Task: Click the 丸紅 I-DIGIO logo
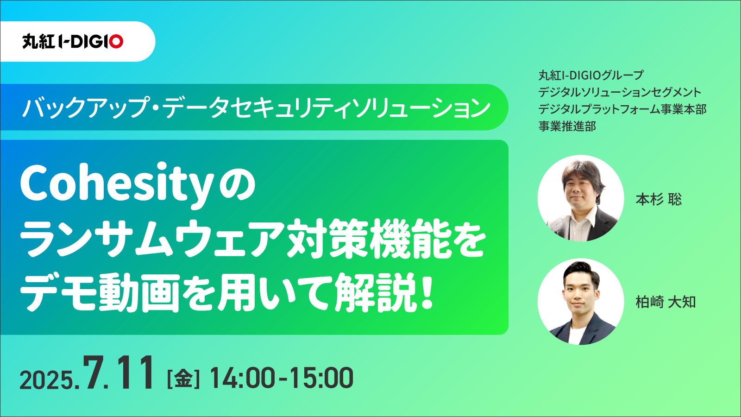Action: pyautogui.click(x=73, y=42)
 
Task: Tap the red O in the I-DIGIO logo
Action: pyautogui.click(x=116, y=42)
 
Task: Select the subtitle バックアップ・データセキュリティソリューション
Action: pyautogui.click(x=256, y=107)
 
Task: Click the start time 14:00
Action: pyautogui.click(x=242, y=378)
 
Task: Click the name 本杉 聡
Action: pyautogui.click(x=659, y=199)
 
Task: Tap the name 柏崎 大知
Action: pyautogui.click(x=666, y=302)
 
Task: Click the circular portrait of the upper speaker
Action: pyautogui.click(x=581, y=198)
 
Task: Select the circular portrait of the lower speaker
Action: pyautogui.click(x=581, y=302)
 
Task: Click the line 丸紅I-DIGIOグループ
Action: pyautogui.click(x=591, y=75)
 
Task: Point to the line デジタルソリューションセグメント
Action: pyautogui.click(x=620, y=92)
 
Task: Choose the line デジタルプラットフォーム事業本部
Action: pyautogui.click(x=622, y=109)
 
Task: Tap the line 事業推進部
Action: pyautogui.click(x=567, y=126)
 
